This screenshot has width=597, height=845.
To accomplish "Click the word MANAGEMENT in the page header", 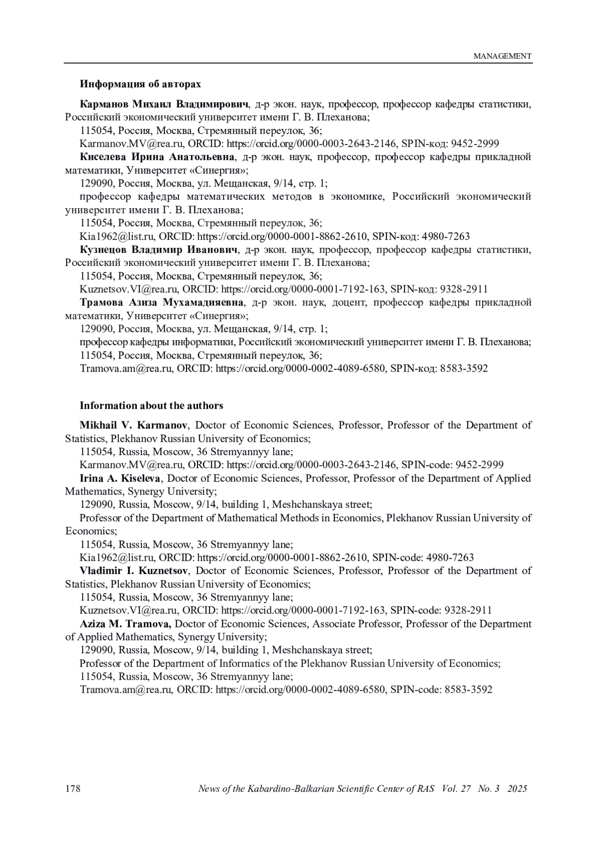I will (x=502, y=56).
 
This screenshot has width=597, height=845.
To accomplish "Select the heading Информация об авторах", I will (x=140, y=84).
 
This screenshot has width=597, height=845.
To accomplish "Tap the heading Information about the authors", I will (x=151, y=405).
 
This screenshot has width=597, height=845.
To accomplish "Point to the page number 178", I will (x=73, y=789).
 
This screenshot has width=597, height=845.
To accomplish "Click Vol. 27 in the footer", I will (x=456, y=789).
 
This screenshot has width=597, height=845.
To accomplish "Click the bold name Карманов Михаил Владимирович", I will (x=164, y=104).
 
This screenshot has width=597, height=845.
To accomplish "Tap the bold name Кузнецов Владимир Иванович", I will (x=159, y=249).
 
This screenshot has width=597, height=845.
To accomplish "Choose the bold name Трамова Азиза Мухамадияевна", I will (x=162, y=302).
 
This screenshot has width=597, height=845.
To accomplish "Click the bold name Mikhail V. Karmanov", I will (x=133, y=425).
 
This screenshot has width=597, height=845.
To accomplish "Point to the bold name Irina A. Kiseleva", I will (x=120, y=478).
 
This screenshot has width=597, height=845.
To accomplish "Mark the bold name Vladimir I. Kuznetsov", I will (x=133, y=571).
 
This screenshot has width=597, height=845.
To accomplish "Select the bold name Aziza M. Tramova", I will (x=125, y=623).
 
